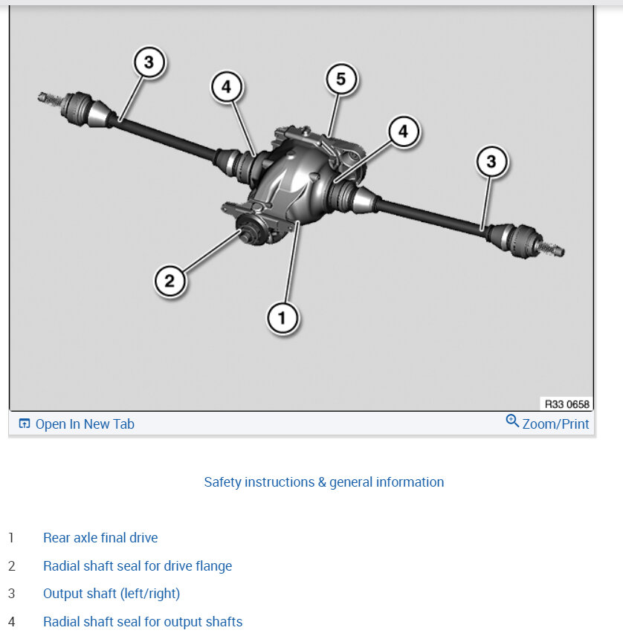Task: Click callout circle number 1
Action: (x=282, y=319)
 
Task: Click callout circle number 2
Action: (x=170, y=281)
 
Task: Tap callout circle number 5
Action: (x=341, y=80)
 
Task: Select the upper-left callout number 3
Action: (x=149, y=63)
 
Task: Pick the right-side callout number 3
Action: (x=491, y=161)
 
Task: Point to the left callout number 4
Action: (x=226, y=87)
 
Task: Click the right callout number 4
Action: (x=403, y=132)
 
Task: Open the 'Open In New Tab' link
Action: (x=85, y=424)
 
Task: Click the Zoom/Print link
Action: (x=555, y=424)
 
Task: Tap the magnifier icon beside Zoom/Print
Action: (x=512, y=421)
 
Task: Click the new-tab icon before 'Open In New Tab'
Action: (x=25, y=424)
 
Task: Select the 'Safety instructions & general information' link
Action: (x=324, y=482)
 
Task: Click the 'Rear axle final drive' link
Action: (x=100, y=538)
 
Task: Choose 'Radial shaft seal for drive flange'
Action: (x=138, y=566)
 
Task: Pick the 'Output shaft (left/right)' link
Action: (x=112, y=594)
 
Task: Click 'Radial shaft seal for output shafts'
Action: (x=143, y=622)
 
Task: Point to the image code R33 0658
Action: (x=567, y=405)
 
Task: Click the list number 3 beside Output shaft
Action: (x=11, y=594)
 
